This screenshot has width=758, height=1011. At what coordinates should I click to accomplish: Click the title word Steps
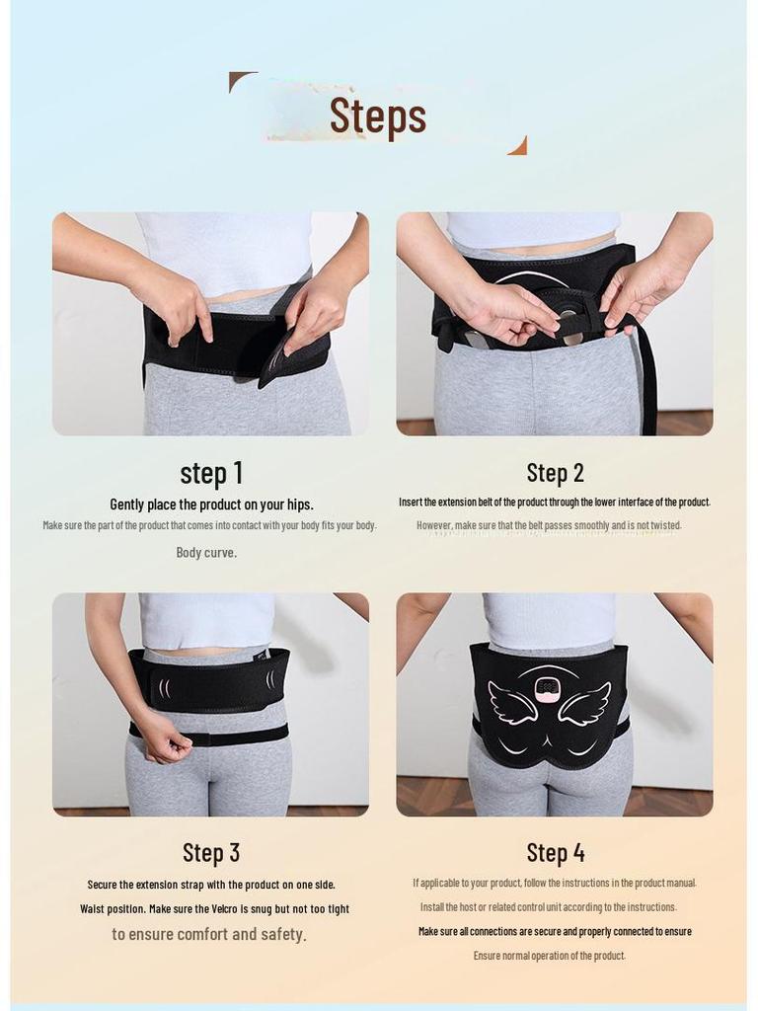pyautogui.click(x=378, y=116)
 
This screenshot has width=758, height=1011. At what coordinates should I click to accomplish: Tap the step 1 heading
pyautogui.click(x=211, y=473)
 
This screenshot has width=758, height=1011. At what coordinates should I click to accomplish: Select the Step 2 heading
pyautogui.click(x=555, y=473)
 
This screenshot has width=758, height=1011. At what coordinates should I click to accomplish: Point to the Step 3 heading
pyautogui.click(x=211, y=852)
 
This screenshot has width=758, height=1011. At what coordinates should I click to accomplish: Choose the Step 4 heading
pyautogui.click(x=556, y=852)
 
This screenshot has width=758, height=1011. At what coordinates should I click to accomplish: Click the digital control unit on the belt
pyautogui.click(x=550, y=688)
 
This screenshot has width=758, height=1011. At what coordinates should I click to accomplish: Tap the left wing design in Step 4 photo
pyautogui.click(x=512, y=704)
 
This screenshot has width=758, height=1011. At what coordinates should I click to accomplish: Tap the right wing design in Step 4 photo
pyautogui.click(x=586, y=704)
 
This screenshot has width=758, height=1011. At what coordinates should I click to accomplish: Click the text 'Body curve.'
pyautogui.click(x=206, y=553)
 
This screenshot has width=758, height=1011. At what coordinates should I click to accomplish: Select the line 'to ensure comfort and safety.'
pyautogui.click(x=209, y=934)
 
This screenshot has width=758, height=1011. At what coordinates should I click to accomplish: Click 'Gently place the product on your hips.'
pyautogui.click(x=211, y=505)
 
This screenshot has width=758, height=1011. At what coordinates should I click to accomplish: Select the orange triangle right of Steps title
pyautogui.click(x=518, y=146)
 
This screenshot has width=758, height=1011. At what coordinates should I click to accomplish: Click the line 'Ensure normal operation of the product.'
pyautogui.click(x=549, y=956)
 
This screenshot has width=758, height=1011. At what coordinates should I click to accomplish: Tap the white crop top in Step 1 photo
pyautogui.click(x=225, y=249)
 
